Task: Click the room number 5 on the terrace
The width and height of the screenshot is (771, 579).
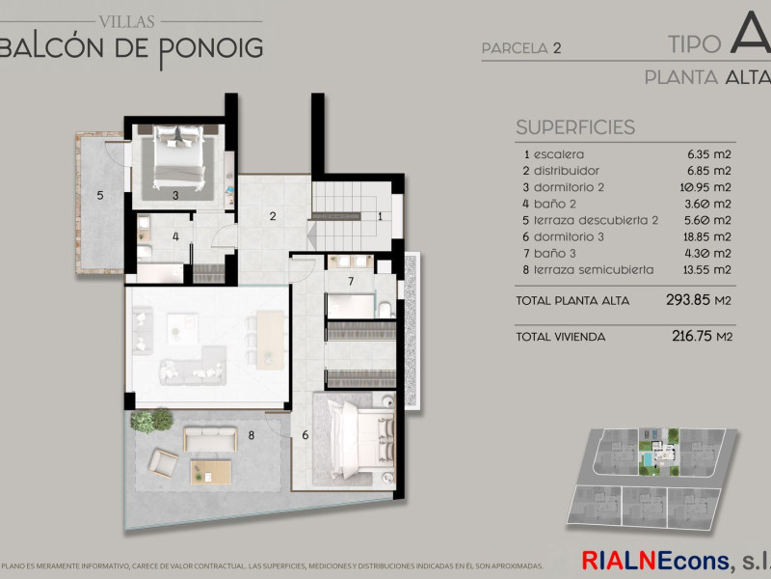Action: [100, 196]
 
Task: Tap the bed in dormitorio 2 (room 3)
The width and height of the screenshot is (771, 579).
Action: [178, 156]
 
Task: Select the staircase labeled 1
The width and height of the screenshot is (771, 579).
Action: [351, 215]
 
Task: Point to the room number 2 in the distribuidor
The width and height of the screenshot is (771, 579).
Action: [273, 215]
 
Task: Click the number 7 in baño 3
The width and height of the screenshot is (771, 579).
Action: [351, 281]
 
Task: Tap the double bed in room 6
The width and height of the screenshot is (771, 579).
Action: [362, 439]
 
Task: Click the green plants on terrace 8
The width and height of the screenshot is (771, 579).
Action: [152, 420]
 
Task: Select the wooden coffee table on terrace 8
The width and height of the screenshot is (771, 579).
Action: [211, 472]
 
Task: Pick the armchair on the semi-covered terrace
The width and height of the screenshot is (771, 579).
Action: [163, 463]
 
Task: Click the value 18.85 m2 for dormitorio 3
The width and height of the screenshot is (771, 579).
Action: [707, 236]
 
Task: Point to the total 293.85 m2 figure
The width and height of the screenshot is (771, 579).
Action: [699, 300]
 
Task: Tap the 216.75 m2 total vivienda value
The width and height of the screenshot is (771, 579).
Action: [703, 336]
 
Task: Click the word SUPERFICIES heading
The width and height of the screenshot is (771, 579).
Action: [575, 127]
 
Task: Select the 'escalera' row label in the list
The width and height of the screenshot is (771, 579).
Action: [559, 154]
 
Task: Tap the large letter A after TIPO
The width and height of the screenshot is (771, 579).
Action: [751, 33]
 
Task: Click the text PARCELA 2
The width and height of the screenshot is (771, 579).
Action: [521, 48]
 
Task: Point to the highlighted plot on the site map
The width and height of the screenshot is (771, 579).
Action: [659, 452]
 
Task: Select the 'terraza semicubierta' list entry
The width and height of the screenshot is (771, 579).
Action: [594, 270]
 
